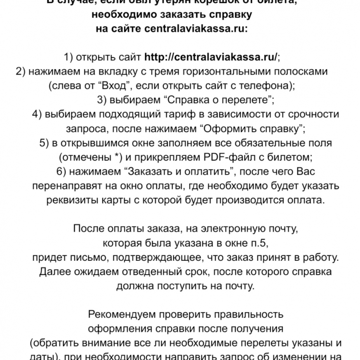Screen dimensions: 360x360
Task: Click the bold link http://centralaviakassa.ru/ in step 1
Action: click(x=211, y=57)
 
